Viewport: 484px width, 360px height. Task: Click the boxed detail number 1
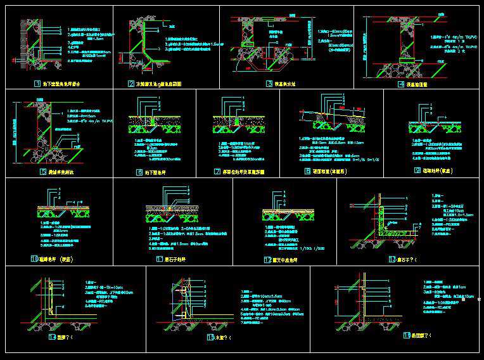tap(37, 83)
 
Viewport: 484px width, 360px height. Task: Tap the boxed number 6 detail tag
tap(139, 172)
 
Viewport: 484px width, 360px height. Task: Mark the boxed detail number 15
tap(210, 338)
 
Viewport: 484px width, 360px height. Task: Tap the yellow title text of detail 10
tap(63, 259)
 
